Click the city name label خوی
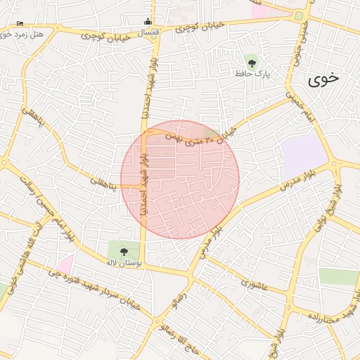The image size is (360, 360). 323,79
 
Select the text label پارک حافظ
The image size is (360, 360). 253,73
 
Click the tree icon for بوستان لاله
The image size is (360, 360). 124,251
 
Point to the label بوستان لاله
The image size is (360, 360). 124,262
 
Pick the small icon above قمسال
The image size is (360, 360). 147,21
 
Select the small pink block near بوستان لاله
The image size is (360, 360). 65,265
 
